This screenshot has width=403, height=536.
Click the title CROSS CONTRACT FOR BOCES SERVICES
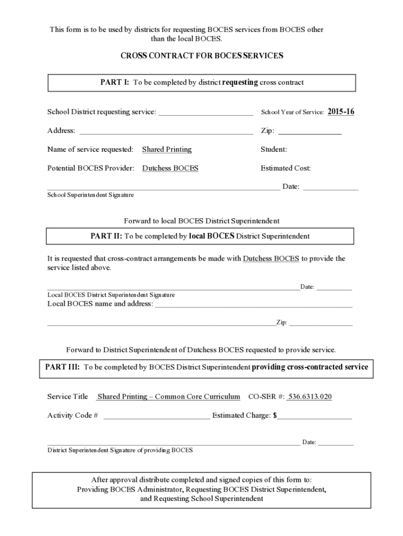click(x=201, y=55)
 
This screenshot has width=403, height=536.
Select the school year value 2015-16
click(x=341, y=111)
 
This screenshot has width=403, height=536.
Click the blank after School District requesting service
click(x=206, y=113)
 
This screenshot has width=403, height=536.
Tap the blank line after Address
click(x=166, y=132)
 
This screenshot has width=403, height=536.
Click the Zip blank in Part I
click(x=310, y=132)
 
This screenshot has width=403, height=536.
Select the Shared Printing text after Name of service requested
click(x=167, y=150)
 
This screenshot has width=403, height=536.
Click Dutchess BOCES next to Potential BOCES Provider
click(x=170, y=169)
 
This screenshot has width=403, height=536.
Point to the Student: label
click(x=274, y=150)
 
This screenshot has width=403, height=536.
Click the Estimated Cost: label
click(x=286, y=169)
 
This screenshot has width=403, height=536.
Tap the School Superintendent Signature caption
click(x=91, y=195)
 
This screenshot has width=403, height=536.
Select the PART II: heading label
click(x=106, y=236)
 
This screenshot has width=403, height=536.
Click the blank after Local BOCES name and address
click(x=253, y=305)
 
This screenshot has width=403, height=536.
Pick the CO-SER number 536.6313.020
click(x=310, y=397)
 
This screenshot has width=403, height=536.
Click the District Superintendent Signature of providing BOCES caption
click(x=120, y=450)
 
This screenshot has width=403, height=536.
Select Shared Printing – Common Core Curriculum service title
click(x=169, y=397)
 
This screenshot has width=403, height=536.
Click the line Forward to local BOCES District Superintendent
click(x=201, y=221)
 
